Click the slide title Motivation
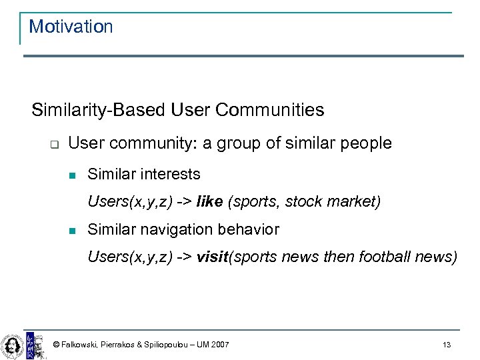pos(71,27)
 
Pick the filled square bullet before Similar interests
pos(74,175)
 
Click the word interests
pos(170,174)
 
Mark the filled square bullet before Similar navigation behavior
pos(74,231)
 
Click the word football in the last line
pos(379,257)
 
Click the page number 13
pos(446,345)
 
